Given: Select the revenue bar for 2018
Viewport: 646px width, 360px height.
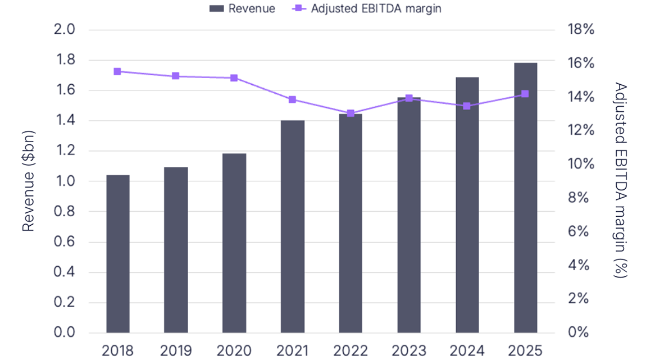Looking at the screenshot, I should (118, 254).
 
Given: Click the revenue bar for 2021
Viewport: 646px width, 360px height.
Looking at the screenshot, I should (293, 226).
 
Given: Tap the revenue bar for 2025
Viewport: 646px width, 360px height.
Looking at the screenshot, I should (525, 198).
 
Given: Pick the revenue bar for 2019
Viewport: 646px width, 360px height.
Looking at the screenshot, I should (176, 250).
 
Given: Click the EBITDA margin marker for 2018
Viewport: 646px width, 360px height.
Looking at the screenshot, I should (117, 71).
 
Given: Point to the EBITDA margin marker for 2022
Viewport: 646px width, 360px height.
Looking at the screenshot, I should (351, 113).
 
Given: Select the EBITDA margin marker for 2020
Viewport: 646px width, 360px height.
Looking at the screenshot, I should (234, 78).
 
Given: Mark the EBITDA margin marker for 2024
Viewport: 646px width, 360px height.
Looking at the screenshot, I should (467, 106).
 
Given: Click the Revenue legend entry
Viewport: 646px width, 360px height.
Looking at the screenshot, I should (243, 8).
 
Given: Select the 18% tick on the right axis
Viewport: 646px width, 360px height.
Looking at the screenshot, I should (581, 30).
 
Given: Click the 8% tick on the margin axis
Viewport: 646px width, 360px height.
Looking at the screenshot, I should (581, 198).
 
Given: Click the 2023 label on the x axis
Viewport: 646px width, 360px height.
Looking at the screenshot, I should (409, 351).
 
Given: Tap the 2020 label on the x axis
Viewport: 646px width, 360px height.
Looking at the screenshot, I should (234, 351).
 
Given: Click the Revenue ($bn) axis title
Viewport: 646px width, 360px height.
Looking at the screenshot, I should (29, 181).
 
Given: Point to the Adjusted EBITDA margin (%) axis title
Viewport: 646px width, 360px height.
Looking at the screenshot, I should (620, 181).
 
